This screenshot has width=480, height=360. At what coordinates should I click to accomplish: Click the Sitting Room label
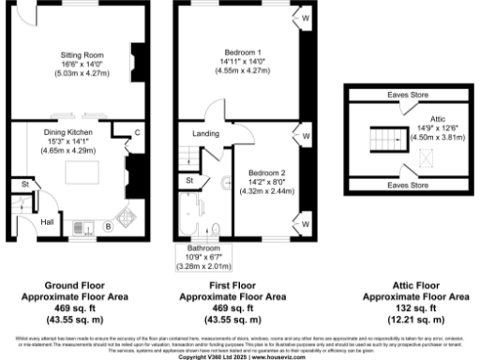(x=74, y=55)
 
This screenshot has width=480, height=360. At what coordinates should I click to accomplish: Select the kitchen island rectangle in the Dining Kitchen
(x=81, y=174)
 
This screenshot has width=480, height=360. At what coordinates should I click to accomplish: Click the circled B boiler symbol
(x=108, y=226)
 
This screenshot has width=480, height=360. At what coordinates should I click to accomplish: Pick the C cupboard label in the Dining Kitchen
(x=137, y=132)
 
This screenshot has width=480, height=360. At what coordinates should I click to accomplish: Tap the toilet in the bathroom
(x=217, y=228)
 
